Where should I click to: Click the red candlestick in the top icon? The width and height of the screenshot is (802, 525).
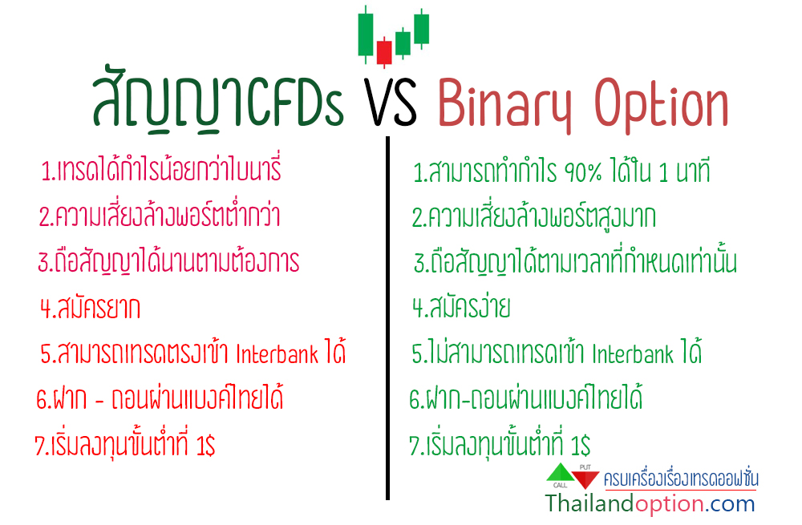click(384, 52)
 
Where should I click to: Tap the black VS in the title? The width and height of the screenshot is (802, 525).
click(391, 103)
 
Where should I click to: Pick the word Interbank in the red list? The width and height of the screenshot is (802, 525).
click(277, 353)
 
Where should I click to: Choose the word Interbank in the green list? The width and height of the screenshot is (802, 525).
click(633, 353)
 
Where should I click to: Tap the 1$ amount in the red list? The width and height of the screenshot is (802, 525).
click(205, 445)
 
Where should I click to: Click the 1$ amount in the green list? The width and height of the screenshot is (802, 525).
click(581, 445)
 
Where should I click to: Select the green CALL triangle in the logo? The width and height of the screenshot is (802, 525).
click(561, 473)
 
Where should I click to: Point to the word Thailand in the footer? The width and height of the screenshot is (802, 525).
click(589, 503)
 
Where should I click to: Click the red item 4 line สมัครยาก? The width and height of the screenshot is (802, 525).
click(90, 308)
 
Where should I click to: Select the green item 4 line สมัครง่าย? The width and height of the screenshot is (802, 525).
click(461, 307)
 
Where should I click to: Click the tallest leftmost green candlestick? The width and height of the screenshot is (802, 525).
click(365, 34)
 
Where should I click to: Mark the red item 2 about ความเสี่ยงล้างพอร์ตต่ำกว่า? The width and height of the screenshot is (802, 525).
click(160, 216)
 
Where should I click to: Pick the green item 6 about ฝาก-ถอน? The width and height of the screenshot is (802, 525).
click(526, 398)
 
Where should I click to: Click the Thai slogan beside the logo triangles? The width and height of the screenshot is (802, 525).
click(681, 478)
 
